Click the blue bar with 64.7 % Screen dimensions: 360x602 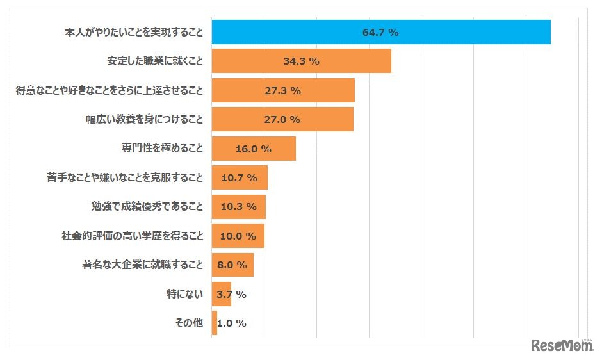[380, 32]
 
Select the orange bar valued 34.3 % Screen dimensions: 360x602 [301, 61]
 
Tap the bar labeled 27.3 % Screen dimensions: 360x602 [282, 90]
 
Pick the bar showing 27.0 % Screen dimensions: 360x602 [282, 119]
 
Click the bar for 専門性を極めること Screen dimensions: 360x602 [253, 149]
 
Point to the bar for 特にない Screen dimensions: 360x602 [221, 294]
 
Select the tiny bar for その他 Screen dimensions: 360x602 [214, 323]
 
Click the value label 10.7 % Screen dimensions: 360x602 [239, 177]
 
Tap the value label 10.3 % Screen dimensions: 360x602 [238, 206]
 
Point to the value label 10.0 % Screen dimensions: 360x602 [238, 236]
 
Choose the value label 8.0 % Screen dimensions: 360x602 [232, 265]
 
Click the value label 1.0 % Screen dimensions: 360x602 [232, 323]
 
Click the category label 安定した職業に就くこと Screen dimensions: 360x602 [155, 61]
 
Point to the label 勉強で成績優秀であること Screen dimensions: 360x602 [147, 206]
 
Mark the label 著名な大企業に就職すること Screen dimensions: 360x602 [142, 265]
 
